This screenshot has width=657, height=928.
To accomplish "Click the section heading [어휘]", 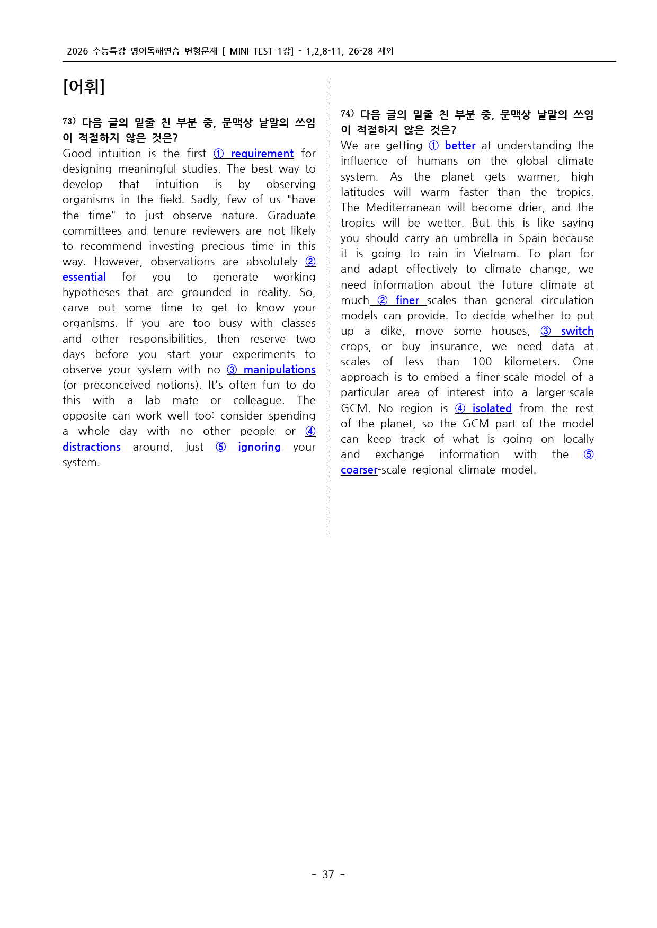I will [84, 86].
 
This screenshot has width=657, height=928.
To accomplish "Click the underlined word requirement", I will [262, 154].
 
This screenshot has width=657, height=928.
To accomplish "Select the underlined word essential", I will [84, 277].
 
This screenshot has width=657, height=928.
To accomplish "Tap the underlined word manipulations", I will [279, 370].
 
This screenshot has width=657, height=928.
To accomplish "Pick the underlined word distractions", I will [92, 447].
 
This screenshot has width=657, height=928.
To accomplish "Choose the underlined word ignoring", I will [259, 447].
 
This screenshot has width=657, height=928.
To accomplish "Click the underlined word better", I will [459, 146].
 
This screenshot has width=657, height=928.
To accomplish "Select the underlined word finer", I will [407, 300].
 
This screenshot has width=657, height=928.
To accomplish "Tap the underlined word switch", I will [577, 331].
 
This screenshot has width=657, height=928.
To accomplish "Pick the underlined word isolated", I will [492, 408].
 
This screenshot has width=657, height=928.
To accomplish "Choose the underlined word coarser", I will [359, 470].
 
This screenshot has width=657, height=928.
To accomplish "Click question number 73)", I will [69, 122].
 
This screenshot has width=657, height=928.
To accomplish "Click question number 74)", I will [348, 114].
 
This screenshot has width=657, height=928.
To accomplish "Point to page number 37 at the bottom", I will [328, 874].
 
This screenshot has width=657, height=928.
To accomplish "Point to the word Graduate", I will [291, 216].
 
